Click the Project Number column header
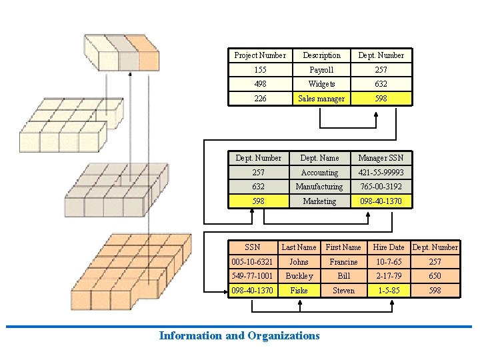pyautogui.click(x=260, y=55)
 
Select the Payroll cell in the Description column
pyautogui.click(x=321, y=70)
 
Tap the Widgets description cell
pyautogui.click(x=321, y=84)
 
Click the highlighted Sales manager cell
pyautogui.click(x=321, y=99)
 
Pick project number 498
pyautogui.click(x=260, y=84)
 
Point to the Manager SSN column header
pyautogui.click(x=381, y=158)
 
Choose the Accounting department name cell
pyautogui.click(x=319, y=173)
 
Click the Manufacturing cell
pyautogui.click(x=319, y=187)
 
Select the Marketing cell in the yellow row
pyautogui.click(x=319, y=201)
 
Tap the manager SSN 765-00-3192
pyautogui.click(x=381, y=187)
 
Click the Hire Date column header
pyautogui.click(x=389, y=247)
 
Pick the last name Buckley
pyautogui.click(x=299, y=276)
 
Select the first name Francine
pyautogui.click(x=343, y=262)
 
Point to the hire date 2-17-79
pyautogui.click(x=389, y=276)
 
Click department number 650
pyautogui.click(x=435, y=276)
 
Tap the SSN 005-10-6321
pyautogui.click(x=252, y=262)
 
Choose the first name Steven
pyautogui.click(x=343, y=291)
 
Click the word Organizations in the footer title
pyautogui.click(x=283, y=336)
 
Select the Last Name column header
pyautogui.click(x=299, y=247)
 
